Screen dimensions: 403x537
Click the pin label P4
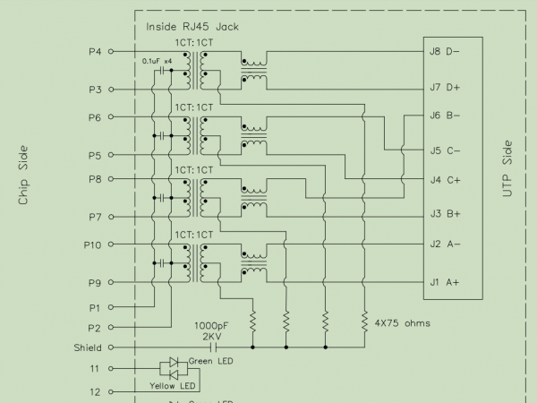[95, 52]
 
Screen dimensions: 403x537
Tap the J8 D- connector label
[445, 51]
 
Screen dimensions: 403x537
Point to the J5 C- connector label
[445, 150]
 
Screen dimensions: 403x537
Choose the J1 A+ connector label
[445, 282]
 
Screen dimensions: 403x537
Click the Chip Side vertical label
[24, 176]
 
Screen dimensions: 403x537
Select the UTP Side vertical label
[507, 170]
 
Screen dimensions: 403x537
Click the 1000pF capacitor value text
[211, 325]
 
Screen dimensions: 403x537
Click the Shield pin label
[87, 347]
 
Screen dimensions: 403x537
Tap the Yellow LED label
[175, 386]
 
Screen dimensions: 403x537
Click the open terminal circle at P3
[111, 89]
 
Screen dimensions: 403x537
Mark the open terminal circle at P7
[111, 217]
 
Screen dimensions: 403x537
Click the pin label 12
[95, 391]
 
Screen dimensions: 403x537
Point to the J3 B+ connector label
[445, 213]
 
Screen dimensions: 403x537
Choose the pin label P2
[95, 328]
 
